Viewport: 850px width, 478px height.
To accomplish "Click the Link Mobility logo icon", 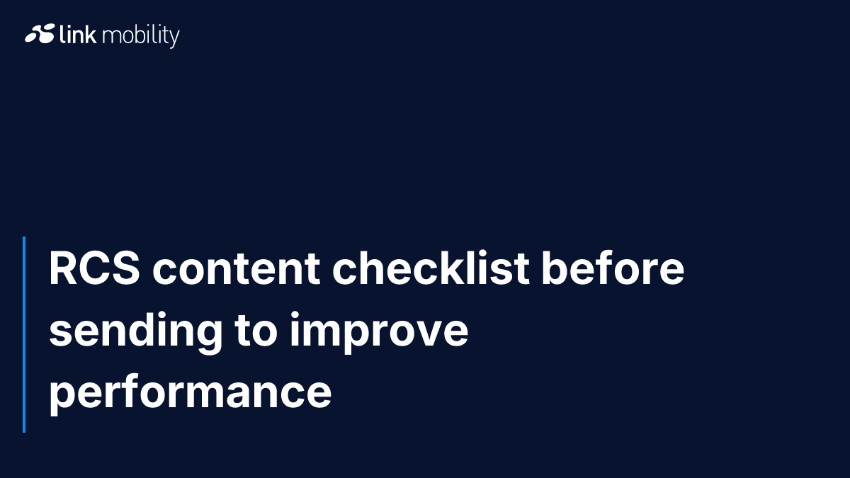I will (x=40, y=33).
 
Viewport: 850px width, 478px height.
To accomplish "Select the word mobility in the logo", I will (x=141, y=35).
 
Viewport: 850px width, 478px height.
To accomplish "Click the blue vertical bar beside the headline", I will (x=24, y=334).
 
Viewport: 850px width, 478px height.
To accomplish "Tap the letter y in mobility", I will (x=174, y=38).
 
